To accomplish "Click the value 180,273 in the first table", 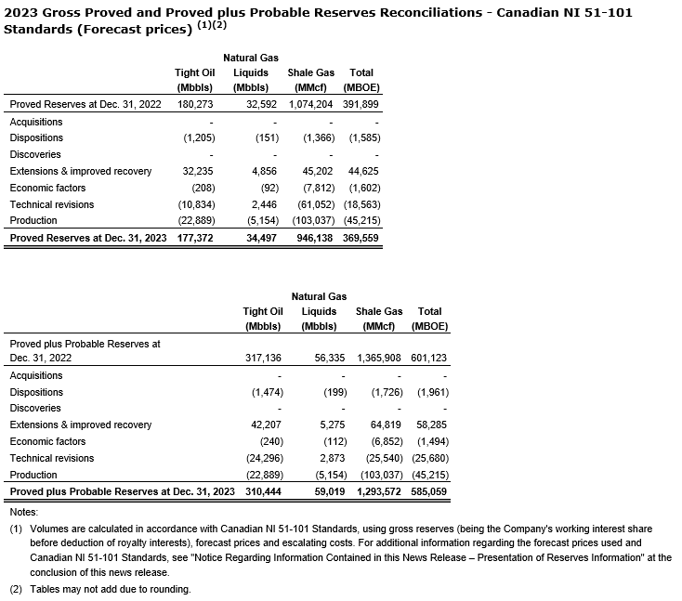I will click(195, 104).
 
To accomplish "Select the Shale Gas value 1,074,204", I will click(310, 104).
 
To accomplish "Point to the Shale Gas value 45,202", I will click(318, 171).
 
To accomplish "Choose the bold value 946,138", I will click(315, 238).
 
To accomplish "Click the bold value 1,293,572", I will click(378, 490).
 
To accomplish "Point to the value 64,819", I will click(386, 425).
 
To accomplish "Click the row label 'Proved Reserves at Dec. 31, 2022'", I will click(85, 104).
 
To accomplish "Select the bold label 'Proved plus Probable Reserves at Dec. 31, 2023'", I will click(122, 490).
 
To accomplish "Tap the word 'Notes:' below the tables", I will click(23, 512).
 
